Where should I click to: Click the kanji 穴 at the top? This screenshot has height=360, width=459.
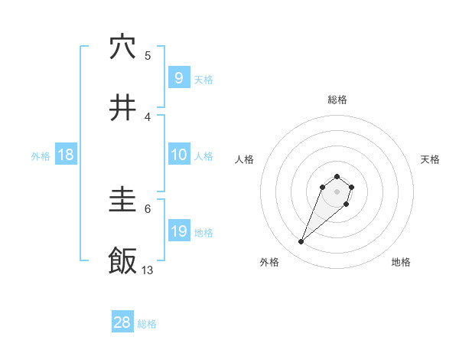(122, 47)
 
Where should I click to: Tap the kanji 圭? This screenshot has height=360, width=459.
(122, 201)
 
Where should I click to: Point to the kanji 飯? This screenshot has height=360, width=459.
(122, 261)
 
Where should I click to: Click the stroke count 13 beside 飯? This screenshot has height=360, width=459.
(148, 270)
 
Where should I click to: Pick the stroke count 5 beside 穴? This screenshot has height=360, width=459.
(148, 55)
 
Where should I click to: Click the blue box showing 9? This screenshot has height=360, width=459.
(178, 77)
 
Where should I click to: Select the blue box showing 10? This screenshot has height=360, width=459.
(178, 155)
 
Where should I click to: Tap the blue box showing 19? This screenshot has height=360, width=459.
(178, 231)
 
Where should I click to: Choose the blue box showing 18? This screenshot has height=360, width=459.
(66, 155)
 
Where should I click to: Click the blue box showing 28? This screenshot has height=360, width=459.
(122, 322)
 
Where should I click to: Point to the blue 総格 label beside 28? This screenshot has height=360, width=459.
(147, 324)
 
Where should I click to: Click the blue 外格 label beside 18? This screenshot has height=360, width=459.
(41, 156)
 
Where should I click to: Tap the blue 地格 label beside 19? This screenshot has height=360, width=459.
(203, 233)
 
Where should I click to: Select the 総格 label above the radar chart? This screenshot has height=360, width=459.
(337, 100)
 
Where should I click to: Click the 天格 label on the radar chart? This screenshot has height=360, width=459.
(431, 159)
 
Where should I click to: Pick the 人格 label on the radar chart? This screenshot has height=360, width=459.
(244, 159)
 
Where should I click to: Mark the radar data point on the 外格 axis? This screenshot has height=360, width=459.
(301, 242)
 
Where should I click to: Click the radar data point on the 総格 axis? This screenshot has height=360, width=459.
(337, 175)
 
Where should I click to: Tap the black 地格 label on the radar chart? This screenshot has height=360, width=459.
(401, 262)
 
